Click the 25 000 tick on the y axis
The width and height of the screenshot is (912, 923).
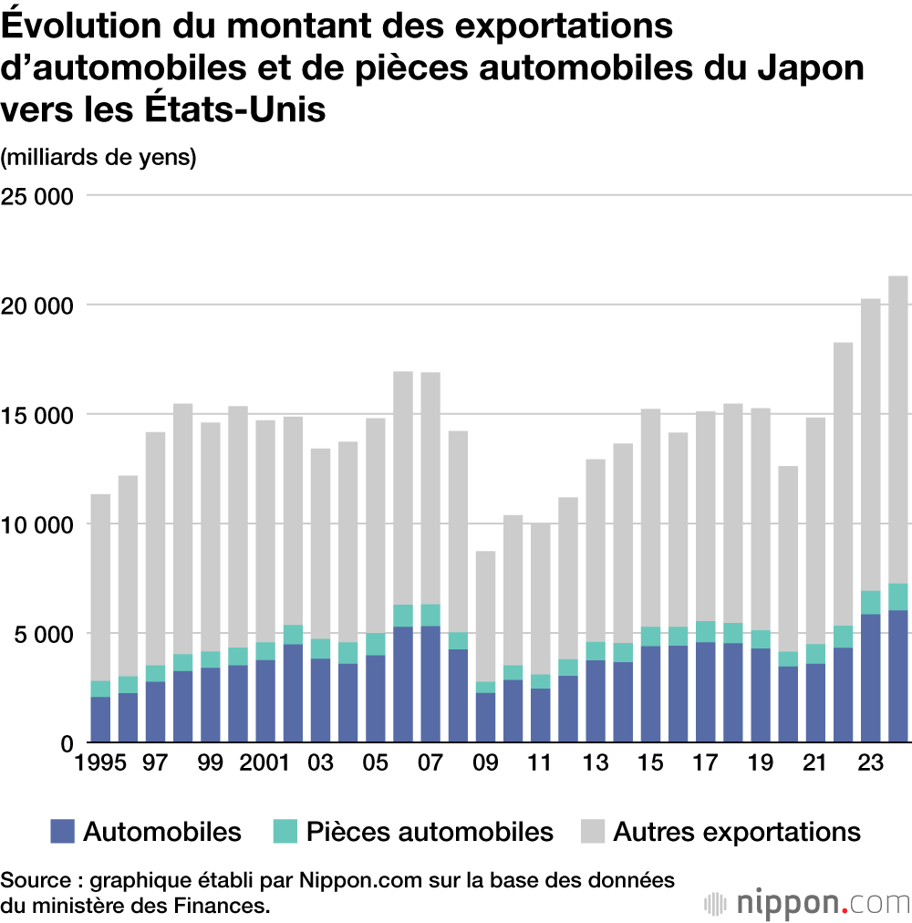[x=37, y=195]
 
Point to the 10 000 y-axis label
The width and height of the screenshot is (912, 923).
[x=37, y=524]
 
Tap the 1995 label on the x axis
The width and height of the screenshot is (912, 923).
[x=99, y=762]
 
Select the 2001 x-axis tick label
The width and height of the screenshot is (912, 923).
[x=265, y=762]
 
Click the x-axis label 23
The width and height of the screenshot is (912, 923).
[x=871, y=762]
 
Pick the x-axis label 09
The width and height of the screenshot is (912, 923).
[x=485, y=762]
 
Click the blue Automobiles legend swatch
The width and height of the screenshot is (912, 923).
[x=62, y=831]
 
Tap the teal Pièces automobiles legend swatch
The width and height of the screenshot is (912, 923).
[x=285, y=831]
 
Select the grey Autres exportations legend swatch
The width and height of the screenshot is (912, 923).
[x=590, y=831]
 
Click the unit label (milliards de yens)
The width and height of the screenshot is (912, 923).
[x=98, y=157]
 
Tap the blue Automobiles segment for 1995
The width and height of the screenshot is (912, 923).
[x=100, y=720]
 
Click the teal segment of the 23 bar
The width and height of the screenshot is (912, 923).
[x=871, y=602]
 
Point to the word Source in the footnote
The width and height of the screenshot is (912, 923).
[x=36, y=881]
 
